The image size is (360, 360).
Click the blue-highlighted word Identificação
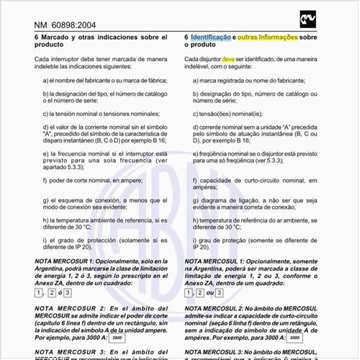210,36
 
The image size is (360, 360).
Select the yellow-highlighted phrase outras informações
267,36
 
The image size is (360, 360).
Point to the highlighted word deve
228,58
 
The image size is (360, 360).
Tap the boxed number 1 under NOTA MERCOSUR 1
40,292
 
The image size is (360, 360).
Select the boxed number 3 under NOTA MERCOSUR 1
67,292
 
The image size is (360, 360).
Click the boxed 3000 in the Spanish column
115,337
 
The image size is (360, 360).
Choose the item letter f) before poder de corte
45,181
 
